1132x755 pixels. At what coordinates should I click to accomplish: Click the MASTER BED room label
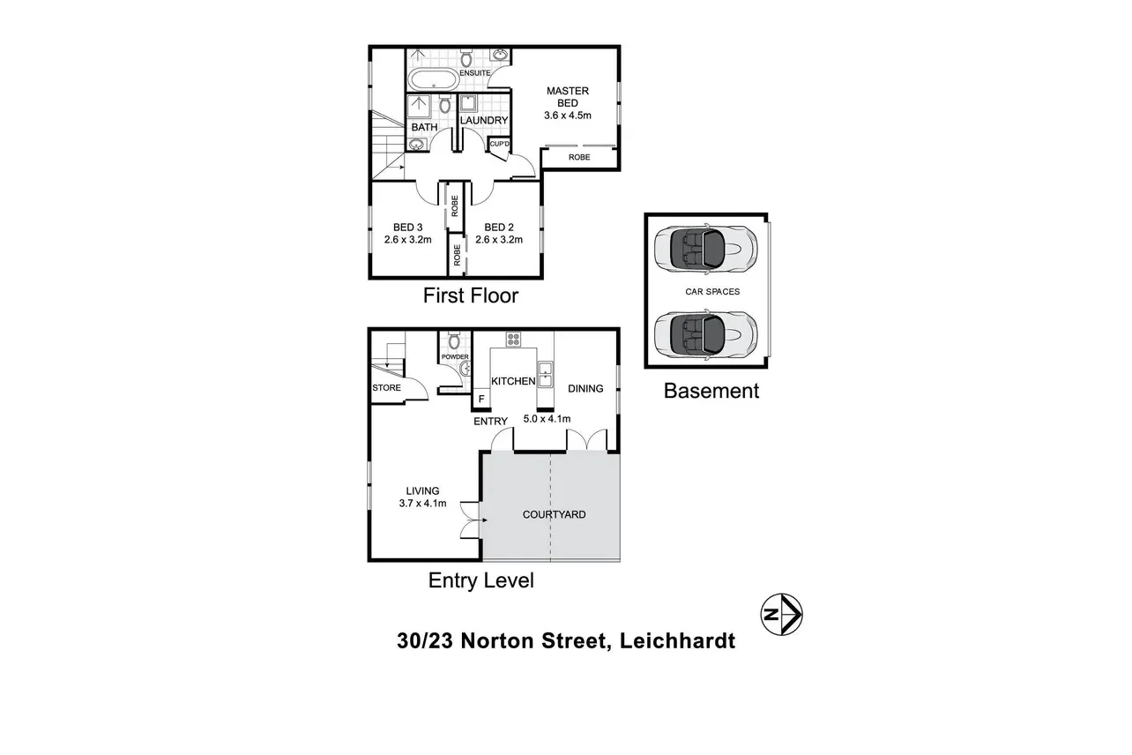coord(567,97)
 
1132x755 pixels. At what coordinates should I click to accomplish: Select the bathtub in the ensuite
coord(432,81)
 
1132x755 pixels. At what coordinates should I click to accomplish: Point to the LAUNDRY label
coord(484,120)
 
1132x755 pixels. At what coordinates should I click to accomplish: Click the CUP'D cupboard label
coord(499,144)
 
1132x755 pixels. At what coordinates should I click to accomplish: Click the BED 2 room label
coord(499,227)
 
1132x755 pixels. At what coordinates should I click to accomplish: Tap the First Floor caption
coord(471,295)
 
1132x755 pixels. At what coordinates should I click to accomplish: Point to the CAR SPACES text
coord(712,291)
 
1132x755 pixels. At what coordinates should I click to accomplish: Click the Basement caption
coord(711,391)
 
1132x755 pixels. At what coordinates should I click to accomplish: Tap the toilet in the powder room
coord(454,340)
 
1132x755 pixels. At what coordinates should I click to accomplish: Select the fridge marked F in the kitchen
coord(481,400)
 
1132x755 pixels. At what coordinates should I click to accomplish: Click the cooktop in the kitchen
coord(513,340)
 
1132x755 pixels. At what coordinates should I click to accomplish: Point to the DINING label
coord(585,388)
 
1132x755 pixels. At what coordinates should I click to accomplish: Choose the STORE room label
coord(386,388)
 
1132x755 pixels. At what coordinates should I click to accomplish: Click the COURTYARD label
coord(554,514)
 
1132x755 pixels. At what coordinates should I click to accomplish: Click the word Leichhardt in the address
coord(676,641)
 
